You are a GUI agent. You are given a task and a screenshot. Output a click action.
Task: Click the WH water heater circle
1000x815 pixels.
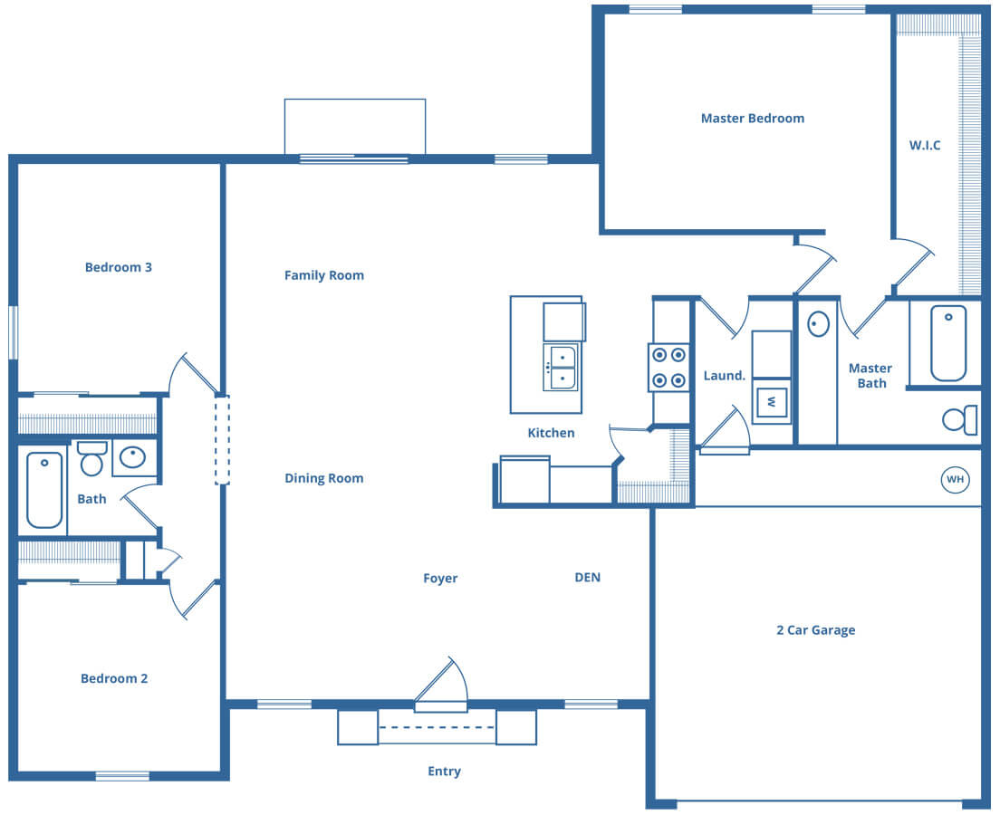(x=955, y=480)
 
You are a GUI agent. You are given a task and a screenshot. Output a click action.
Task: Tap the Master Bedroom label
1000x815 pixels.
(x=753, y=118)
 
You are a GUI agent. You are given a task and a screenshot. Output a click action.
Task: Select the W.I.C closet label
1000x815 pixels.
(x=925, y=146)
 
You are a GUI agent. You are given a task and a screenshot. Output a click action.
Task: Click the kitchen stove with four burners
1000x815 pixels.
(x=669, y=368)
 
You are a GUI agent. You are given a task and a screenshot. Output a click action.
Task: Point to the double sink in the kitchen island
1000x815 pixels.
(x=562, y=368)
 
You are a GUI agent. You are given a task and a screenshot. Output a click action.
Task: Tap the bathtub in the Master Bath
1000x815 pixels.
(x=948, y=343)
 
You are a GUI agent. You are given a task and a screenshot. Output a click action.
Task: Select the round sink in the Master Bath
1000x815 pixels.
(x=818, y=324)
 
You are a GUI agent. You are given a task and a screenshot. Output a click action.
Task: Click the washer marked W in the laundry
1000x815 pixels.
(x=772, y=402)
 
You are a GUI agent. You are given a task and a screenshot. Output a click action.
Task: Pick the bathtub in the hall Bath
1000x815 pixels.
(x=44, y=490)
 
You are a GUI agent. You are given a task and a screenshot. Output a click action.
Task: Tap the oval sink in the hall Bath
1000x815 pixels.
(x=132, y=457)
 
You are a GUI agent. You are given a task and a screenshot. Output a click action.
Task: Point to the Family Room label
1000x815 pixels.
(x=324, y=275)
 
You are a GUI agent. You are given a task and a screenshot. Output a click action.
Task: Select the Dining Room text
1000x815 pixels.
(x=324, y=478)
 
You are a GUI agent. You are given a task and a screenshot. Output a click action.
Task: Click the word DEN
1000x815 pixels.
(x=587, y=577)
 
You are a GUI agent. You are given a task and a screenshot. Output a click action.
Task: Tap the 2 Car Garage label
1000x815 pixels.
(x=816, y=630)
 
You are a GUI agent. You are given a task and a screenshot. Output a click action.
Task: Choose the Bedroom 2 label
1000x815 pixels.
(x=114, y=678)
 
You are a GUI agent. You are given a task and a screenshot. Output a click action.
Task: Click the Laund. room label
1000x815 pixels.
(x=725, y=376)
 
